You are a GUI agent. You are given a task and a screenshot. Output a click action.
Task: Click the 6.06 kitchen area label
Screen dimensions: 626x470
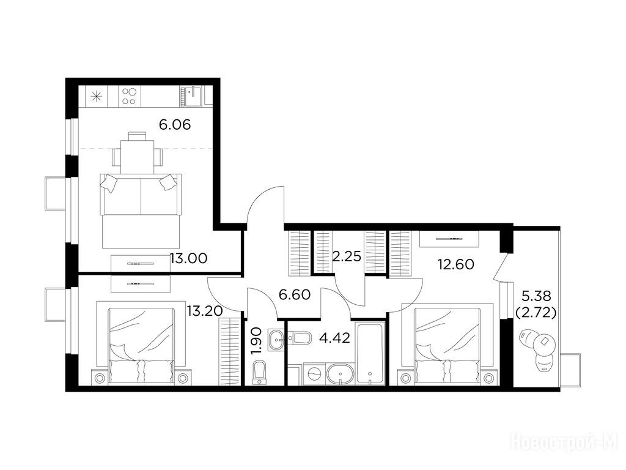[175, 125]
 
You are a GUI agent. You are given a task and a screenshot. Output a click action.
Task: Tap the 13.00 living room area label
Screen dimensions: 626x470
[188, 258]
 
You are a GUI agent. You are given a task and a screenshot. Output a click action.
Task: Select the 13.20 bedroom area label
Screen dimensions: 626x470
[204, 310]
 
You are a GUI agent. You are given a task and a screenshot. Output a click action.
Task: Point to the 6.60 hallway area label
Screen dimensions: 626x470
[295, 295]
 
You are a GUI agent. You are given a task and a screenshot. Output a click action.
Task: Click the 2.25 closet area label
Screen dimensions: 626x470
[347, 256]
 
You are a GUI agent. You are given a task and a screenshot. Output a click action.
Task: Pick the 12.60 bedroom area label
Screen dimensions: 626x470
[455, 264]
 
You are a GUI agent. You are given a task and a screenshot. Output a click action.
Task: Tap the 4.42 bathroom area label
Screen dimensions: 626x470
[334, 338]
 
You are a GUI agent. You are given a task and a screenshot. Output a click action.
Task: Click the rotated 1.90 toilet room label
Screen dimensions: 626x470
[257, 340]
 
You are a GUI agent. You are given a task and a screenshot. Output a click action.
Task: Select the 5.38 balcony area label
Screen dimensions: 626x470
[536, 296]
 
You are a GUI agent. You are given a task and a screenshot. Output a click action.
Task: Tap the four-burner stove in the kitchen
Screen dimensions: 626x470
[128, 96]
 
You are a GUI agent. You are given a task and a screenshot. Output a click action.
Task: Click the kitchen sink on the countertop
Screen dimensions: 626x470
[192, 96]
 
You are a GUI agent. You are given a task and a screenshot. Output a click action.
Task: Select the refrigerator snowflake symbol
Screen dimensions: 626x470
[96, 96]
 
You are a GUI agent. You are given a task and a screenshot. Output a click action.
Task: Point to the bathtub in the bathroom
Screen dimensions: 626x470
[370, 354]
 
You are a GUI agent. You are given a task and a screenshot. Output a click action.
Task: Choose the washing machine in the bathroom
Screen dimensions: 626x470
[315, 375]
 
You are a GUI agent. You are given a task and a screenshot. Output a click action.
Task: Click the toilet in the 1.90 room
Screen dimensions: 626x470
[259, 372]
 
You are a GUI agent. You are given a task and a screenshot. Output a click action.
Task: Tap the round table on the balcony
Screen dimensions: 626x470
[543, 341]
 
